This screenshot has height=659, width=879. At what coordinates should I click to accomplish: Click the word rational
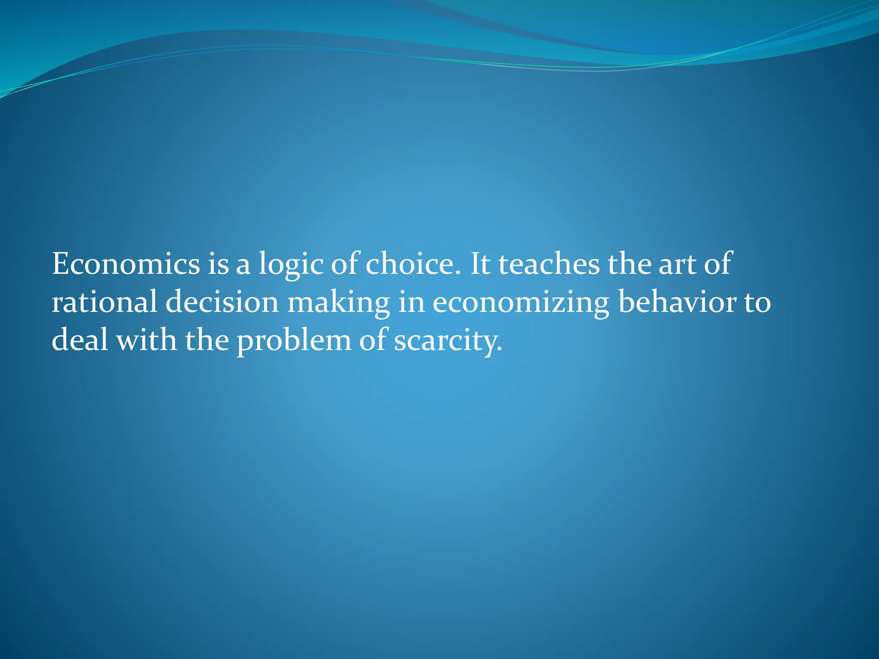(x=104, y=302)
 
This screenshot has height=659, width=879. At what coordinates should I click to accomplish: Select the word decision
(x=222, y=302)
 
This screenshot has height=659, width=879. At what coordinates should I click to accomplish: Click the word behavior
(x=676, y=302)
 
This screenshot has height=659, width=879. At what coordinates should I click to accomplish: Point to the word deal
(x=79, y=340)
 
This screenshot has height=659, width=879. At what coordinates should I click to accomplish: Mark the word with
(x=146, y=340)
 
